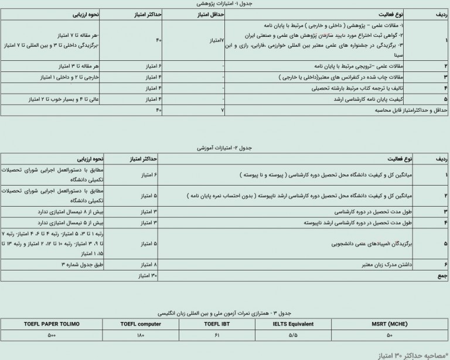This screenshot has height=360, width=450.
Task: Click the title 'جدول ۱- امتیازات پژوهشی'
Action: tap(224, 4)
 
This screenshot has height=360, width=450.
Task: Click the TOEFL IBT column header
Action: tap(217, 323)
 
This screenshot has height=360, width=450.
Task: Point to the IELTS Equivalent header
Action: tap(294, 323)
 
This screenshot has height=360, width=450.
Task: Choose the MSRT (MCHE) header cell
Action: tap(390, 323)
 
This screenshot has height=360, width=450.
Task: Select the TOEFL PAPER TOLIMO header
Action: tap(52, 323)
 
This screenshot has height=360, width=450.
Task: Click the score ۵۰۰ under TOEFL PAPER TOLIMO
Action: tap(52, 335)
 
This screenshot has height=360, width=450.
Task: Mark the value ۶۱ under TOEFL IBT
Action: tap(217, 335)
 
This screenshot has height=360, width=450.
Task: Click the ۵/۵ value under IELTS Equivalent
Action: tap(294, 335)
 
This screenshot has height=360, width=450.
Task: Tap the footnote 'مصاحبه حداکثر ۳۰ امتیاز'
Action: tap(411, 354)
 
